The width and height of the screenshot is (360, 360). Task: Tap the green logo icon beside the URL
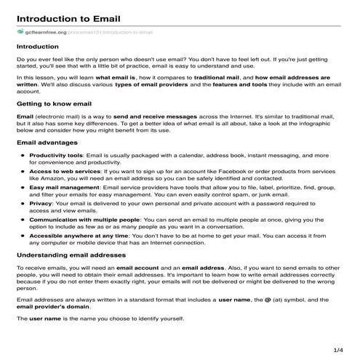point(20,32)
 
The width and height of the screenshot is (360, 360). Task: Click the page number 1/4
point(337,350)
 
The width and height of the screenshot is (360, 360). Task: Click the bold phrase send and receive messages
point(143,116)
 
